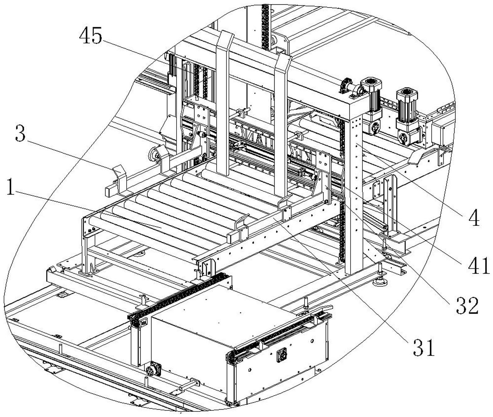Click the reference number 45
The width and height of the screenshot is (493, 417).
pyautogui.click(x=91, y=36)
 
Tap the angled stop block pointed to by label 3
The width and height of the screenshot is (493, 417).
pyautogui.click(x=119, y=174)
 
